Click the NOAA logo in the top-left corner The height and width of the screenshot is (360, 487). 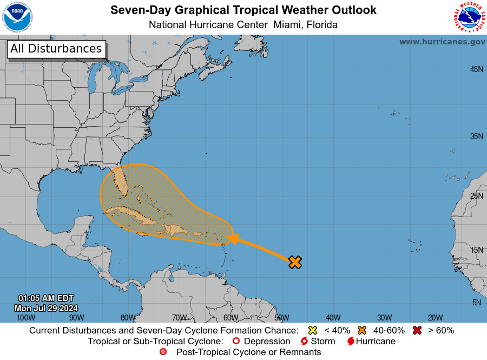click(x=17, y=17)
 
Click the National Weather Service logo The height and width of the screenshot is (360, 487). click(x=468, y=17)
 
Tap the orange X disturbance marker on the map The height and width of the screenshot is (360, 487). click(x=295, y=263)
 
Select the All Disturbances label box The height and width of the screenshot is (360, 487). click(x=56, y=49)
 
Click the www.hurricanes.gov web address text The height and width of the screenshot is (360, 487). click(x=442, y=42)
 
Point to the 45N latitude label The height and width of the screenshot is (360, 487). click(x=476, y=69)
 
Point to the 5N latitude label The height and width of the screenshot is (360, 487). click(x=476, y=303)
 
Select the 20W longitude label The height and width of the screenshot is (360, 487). click(x=435, y=318)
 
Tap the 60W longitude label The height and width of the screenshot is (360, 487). click(x=231, y=318)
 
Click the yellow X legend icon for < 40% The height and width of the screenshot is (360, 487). click(x=312, y=330)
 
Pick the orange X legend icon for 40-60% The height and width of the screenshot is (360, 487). click(x=361, y=330)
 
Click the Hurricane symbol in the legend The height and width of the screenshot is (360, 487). click(x=351, y=342)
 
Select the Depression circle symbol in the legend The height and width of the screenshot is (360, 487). click(x=235, y=342)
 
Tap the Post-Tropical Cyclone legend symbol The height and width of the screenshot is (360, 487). click(x=163, y=352)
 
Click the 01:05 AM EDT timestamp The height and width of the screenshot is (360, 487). click(x=46, y=298)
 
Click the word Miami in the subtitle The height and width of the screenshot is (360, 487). click(x=288, y=25)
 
